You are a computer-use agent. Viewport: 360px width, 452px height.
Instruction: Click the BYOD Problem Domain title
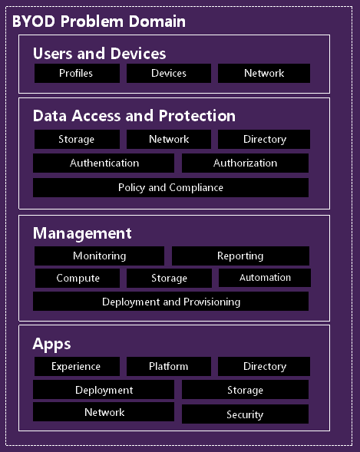click(99, 21)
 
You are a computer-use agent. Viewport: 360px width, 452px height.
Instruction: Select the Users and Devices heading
click(100, 53)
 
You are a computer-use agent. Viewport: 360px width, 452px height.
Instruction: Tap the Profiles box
click(77, 73)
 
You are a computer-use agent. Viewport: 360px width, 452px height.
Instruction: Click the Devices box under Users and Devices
click(169, 73)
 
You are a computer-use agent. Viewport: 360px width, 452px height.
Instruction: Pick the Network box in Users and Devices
click(264, 73)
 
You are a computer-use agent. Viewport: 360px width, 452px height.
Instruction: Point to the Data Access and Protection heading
click(134, 116)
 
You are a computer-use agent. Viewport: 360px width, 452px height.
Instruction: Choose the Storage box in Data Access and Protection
click(77, 139)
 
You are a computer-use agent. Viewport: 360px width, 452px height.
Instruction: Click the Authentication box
click(104, 163)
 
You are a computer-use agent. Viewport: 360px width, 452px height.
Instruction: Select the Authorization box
click(245, 163)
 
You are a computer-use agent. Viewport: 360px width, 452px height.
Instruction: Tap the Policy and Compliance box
click(170, 188)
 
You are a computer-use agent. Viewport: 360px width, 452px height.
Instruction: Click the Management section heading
click(82, 233)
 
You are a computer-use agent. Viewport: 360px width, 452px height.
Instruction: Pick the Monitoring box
click(100, 256)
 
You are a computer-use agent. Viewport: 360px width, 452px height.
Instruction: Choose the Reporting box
click(240, 256)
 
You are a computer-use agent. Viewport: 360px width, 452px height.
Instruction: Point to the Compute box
click(78, 278)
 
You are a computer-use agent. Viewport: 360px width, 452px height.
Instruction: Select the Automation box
click(265, 278)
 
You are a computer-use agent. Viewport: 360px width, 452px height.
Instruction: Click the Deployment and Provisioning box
click(170, 302)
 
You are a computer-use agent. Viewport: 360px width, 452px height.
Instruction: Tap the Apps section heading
click(51, 345)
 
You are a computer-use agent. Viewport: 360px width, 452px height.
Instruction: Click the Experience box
click(77, 366)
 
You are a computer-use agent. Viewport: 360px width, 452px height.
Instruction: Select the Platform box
click(169, 366)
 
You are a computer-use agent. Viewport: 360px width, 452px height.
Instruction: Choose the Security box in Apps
click(245, 414)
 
